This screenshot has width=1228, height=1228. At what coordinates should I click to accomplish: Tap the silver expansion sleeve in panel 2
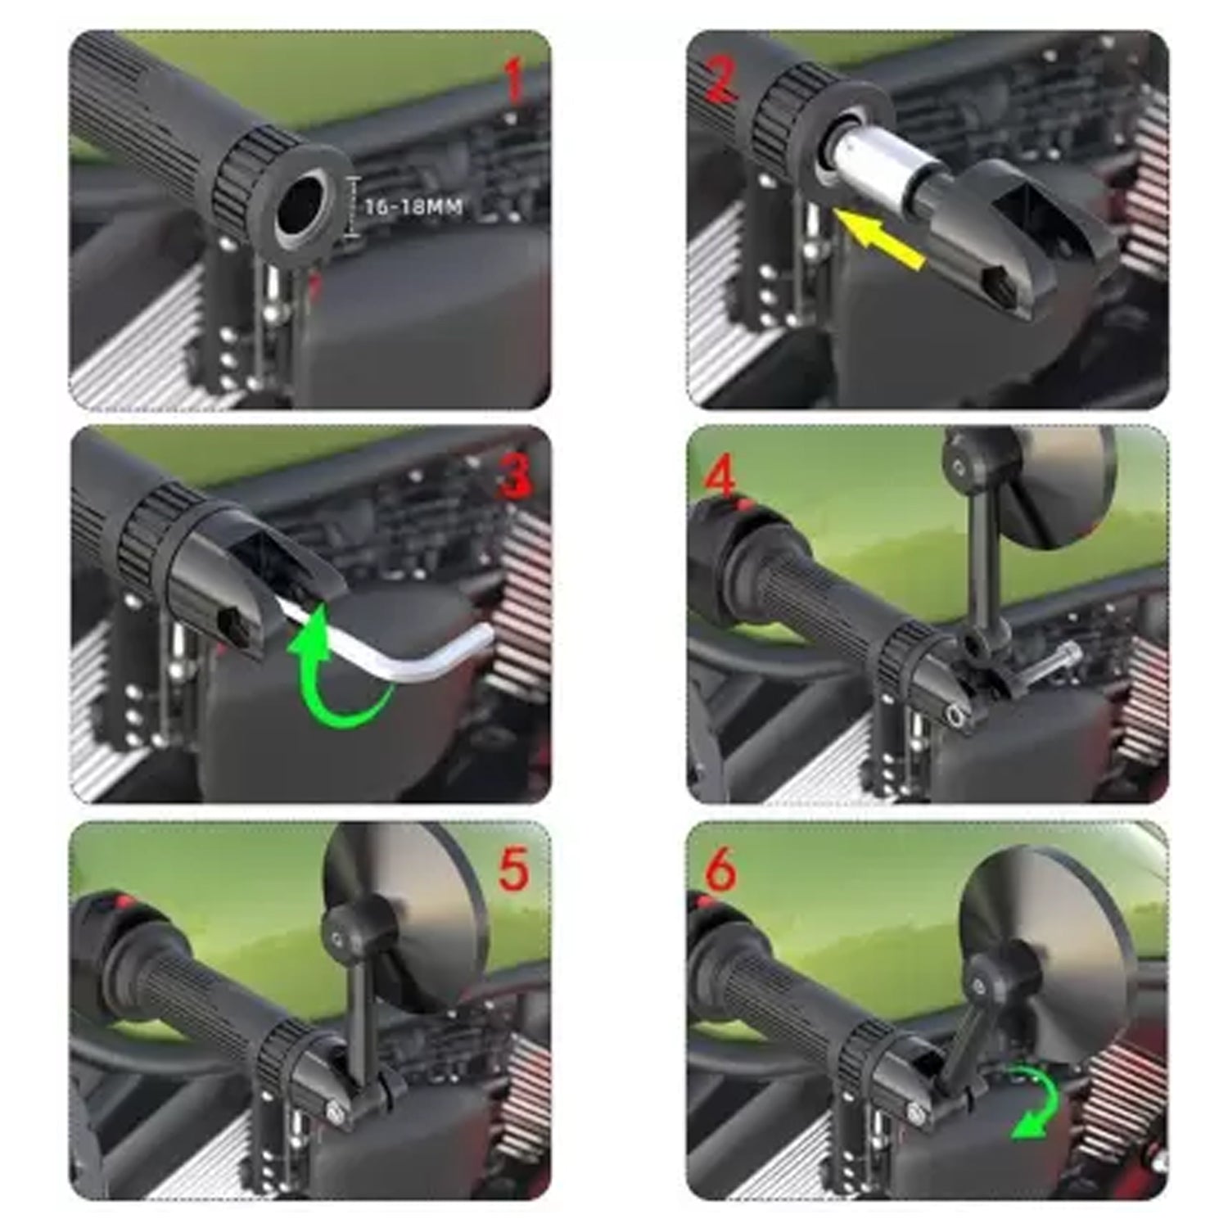(x=868, y=164)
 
